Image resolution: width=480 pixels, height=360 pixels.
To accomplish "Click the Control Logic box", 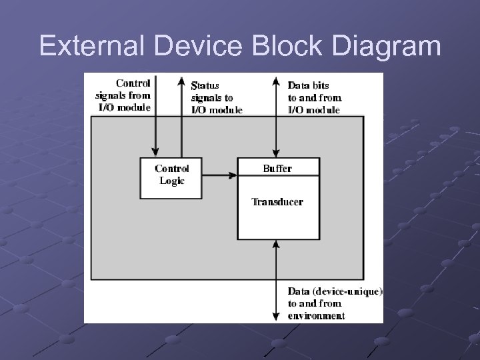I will click(x=171, y=177).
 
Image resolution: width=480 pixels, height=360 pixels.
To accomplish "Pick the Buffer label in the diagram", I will click(x=277, y=169).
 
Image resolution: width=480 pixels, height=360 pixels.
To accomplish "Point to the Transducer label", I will click(x=277, y=202).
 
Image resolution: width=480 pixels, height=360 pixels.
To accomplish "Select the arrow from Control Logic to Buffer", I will click(x=220, y=176).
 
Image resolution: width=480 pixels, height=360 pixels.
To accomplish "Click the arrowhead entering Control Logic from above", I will click(x=155, y=151).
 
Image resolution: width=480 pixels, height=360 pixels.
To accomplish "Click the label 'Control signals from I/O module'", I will click(x=124, y=95).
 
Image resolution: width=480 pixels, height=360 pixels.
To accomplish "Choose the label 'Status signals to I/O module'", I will click(x=216, y=97).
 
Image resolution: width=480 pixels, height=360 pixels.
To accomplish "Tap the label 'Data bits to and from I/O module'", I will click(x=313, y=97).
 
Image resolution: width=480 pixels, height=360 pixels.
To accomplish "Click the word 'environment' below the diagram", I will click(x=316, y=316).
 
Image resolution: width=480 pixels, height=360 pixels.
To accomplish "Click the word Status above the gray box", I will click(x=205, y=85).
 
